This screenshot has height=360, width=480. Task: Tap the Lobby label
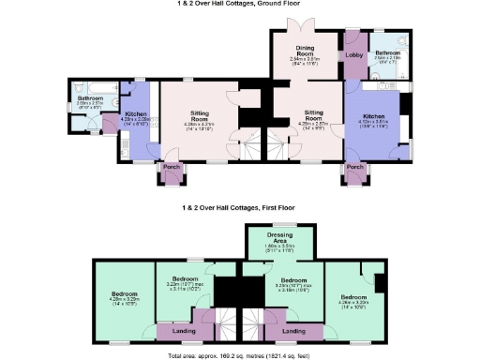355,55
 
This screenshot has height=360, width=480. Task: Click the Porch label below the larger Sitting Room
171,168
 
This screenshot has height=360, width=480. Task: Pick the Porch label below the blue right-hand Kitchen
354,168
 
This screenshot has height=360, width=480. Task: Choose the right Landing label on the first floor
294,330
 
